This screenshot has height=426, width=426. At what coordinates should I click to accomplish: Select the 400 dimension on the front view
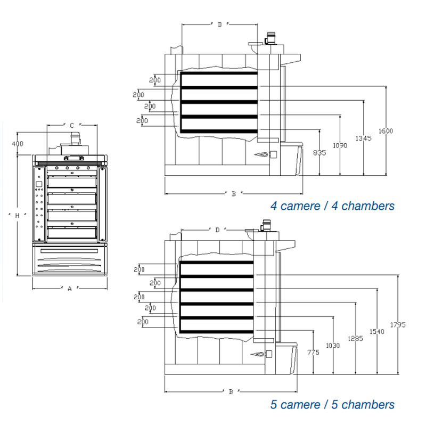[18, 144]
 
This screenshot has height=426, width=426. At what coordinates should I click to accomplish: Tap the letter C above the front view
[72, 126]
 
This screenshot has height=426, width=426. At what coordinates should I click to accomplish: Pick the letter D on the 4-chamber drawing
[219, 24]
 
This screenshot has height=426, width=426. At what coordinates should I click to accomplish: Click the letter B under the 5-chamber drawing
[231, 392]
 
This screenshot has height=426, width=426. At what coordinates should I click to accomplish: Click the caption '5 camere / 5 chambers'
[332, 405]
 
